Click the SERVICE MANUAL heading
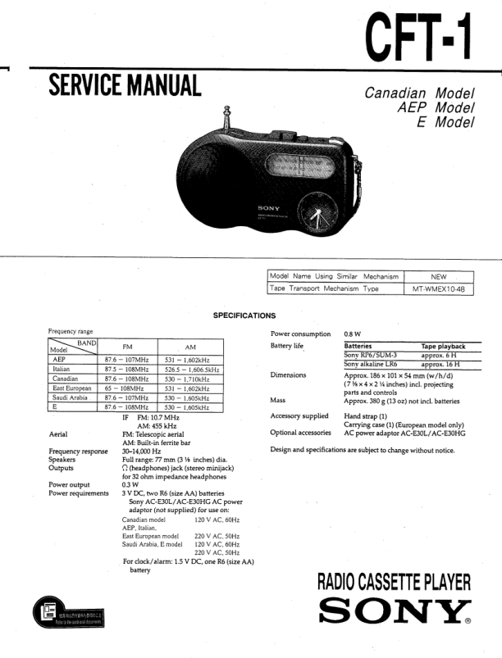[125, 84]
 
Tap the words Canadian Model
[419, 93]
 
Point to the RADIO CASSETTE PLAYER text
[394, 583]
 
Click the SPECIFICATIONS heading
[244, 315]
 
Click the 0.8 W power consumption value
[354, 334]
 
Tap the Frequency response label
[78, 452]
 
